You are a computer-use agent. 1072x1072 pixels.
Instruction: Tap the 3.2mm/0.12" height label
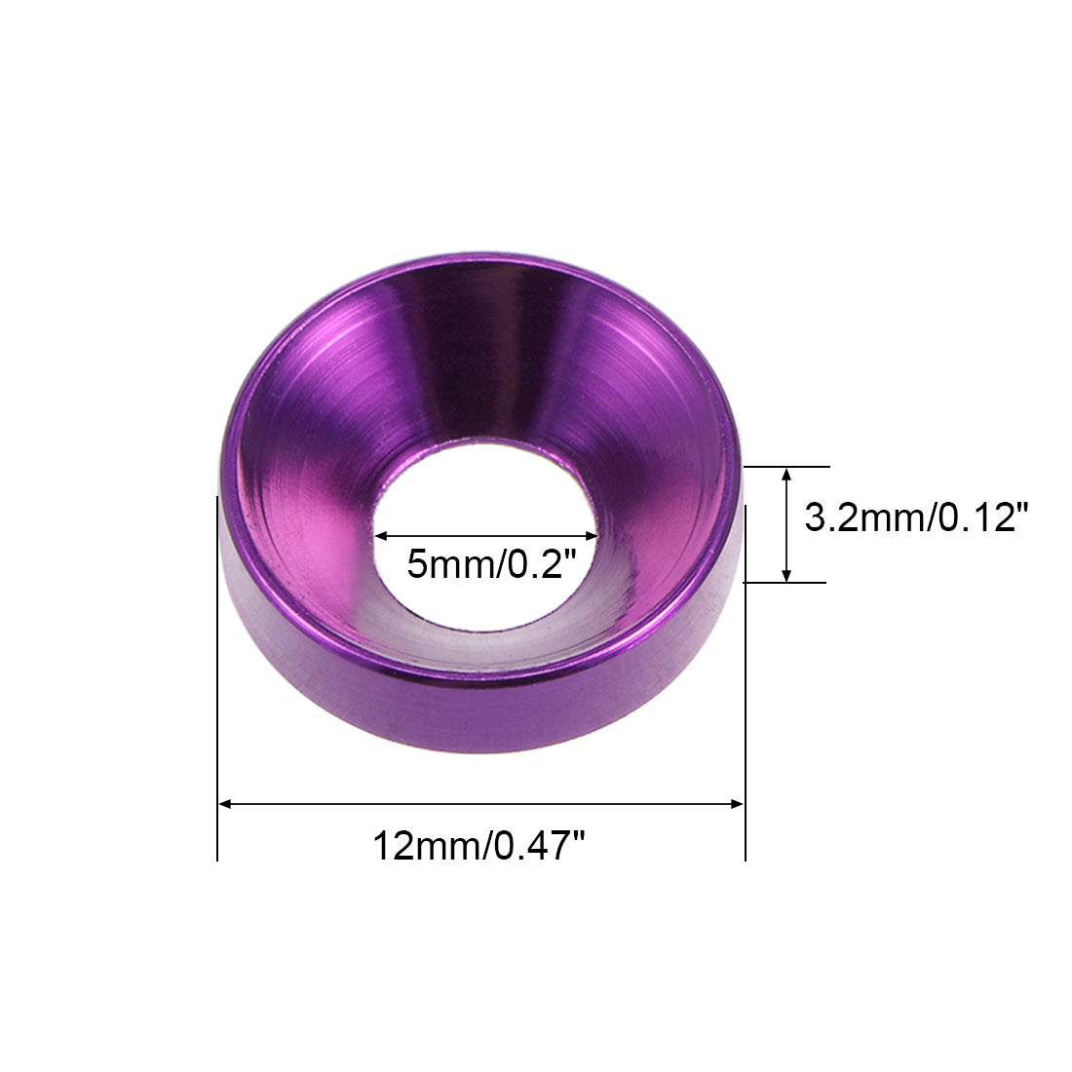916,517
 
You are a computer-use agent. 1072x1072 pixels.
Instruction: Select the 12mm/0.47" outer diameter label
479,846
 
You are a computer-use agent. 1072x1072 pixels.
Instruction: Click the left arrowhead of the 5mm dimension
381,537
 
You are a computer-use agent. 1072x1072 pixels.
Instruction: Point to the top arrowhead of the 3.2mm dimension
786,477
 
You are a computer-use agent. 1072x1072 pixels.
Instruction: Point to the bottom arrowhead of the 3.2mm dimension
786,573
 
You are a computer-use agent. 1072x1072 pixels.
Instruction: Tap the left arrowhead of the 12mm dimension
227,804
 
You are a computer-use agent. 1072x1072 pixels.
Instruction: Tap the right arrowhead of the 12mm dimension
736,804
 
